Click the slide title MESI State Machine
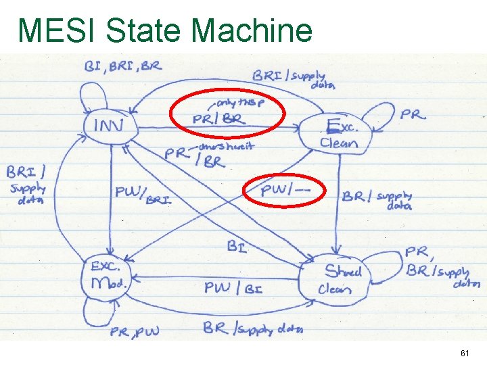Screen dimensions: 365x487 165,30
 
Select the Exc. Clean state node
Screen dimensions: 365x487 338,132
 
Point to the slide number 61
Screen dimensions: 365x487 465,354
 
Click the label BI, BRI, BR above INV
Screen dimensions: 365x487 122,66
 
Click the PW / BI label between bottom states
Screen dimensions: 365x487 233,289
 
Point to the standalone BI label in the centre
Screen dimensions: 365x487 237,247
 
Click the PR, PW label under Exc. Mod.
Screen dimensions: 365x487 136,331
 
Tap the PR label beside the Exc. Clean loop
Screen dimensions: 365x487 413,114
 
